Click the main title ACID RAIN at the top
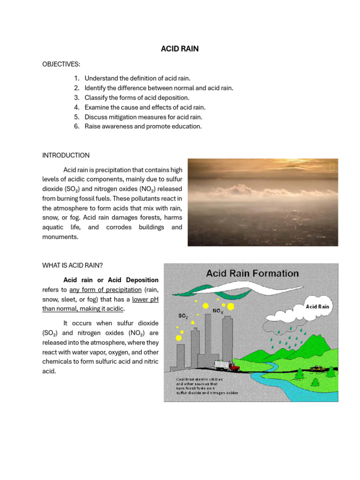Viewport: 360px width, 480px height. pos(180,49)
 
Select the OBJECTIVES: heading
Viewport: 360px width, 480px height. pos(61,64)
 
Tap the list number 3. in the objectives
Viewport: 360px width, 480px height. pos(76,97)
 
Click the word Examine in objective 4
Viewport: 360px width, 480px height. pos(97,107)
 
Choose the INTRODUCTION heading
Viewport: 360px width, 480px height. pos(66,155)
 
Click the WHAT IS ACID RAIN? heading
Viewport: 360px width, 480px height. pos(72,265)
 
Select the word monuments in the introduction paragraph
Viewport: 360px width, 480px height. pos(60,237)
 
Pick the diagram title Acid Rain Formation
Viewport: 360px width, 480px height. pos(253,273)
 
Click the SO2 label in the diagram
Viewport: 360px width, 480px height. pos(183,316)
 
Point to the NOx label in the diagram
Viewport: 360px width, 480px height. pos(218,311)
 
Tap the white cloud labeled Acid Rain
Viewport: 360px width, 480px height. pos(318,307)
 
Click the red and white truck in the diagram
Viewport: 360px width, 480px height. pos(227,365)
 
